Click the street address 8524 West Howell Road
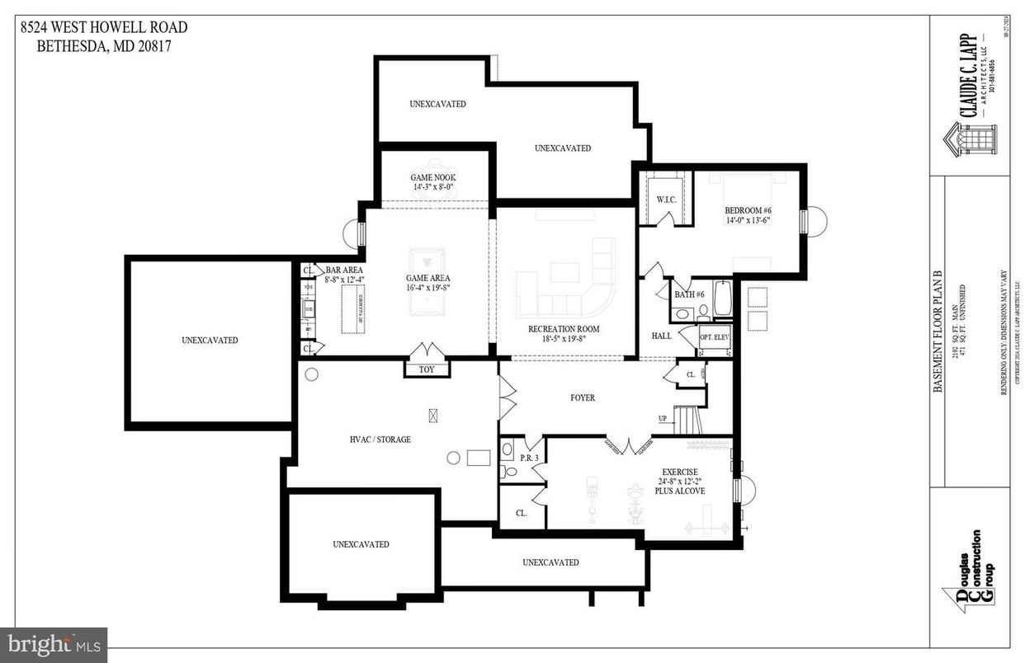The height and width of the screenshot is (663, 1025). [x=104, y=28]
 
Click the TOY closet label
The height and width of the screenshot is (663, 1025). [x=426, y=369]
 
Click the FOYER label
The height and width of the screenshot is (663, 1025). [x=582, y=397]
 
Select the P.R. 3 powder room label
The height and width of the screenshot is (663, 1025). [x=529, y=457]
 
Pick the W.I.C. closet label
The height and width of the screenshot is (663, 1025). [x=667, y=199]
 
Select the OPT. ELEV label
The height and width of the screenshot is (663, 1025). [x=716, y=337]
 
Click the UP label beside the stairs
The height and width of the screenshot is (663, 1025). [x=661, y=418]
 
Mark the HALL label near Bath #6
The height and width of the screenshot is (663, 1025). [x=661, y=336]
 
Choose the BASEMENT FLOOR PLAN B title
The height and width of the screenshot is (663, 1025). [x=937, y=331]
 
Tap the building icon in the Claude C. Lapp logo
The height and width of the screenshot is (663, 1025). [x=971, y=141]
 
